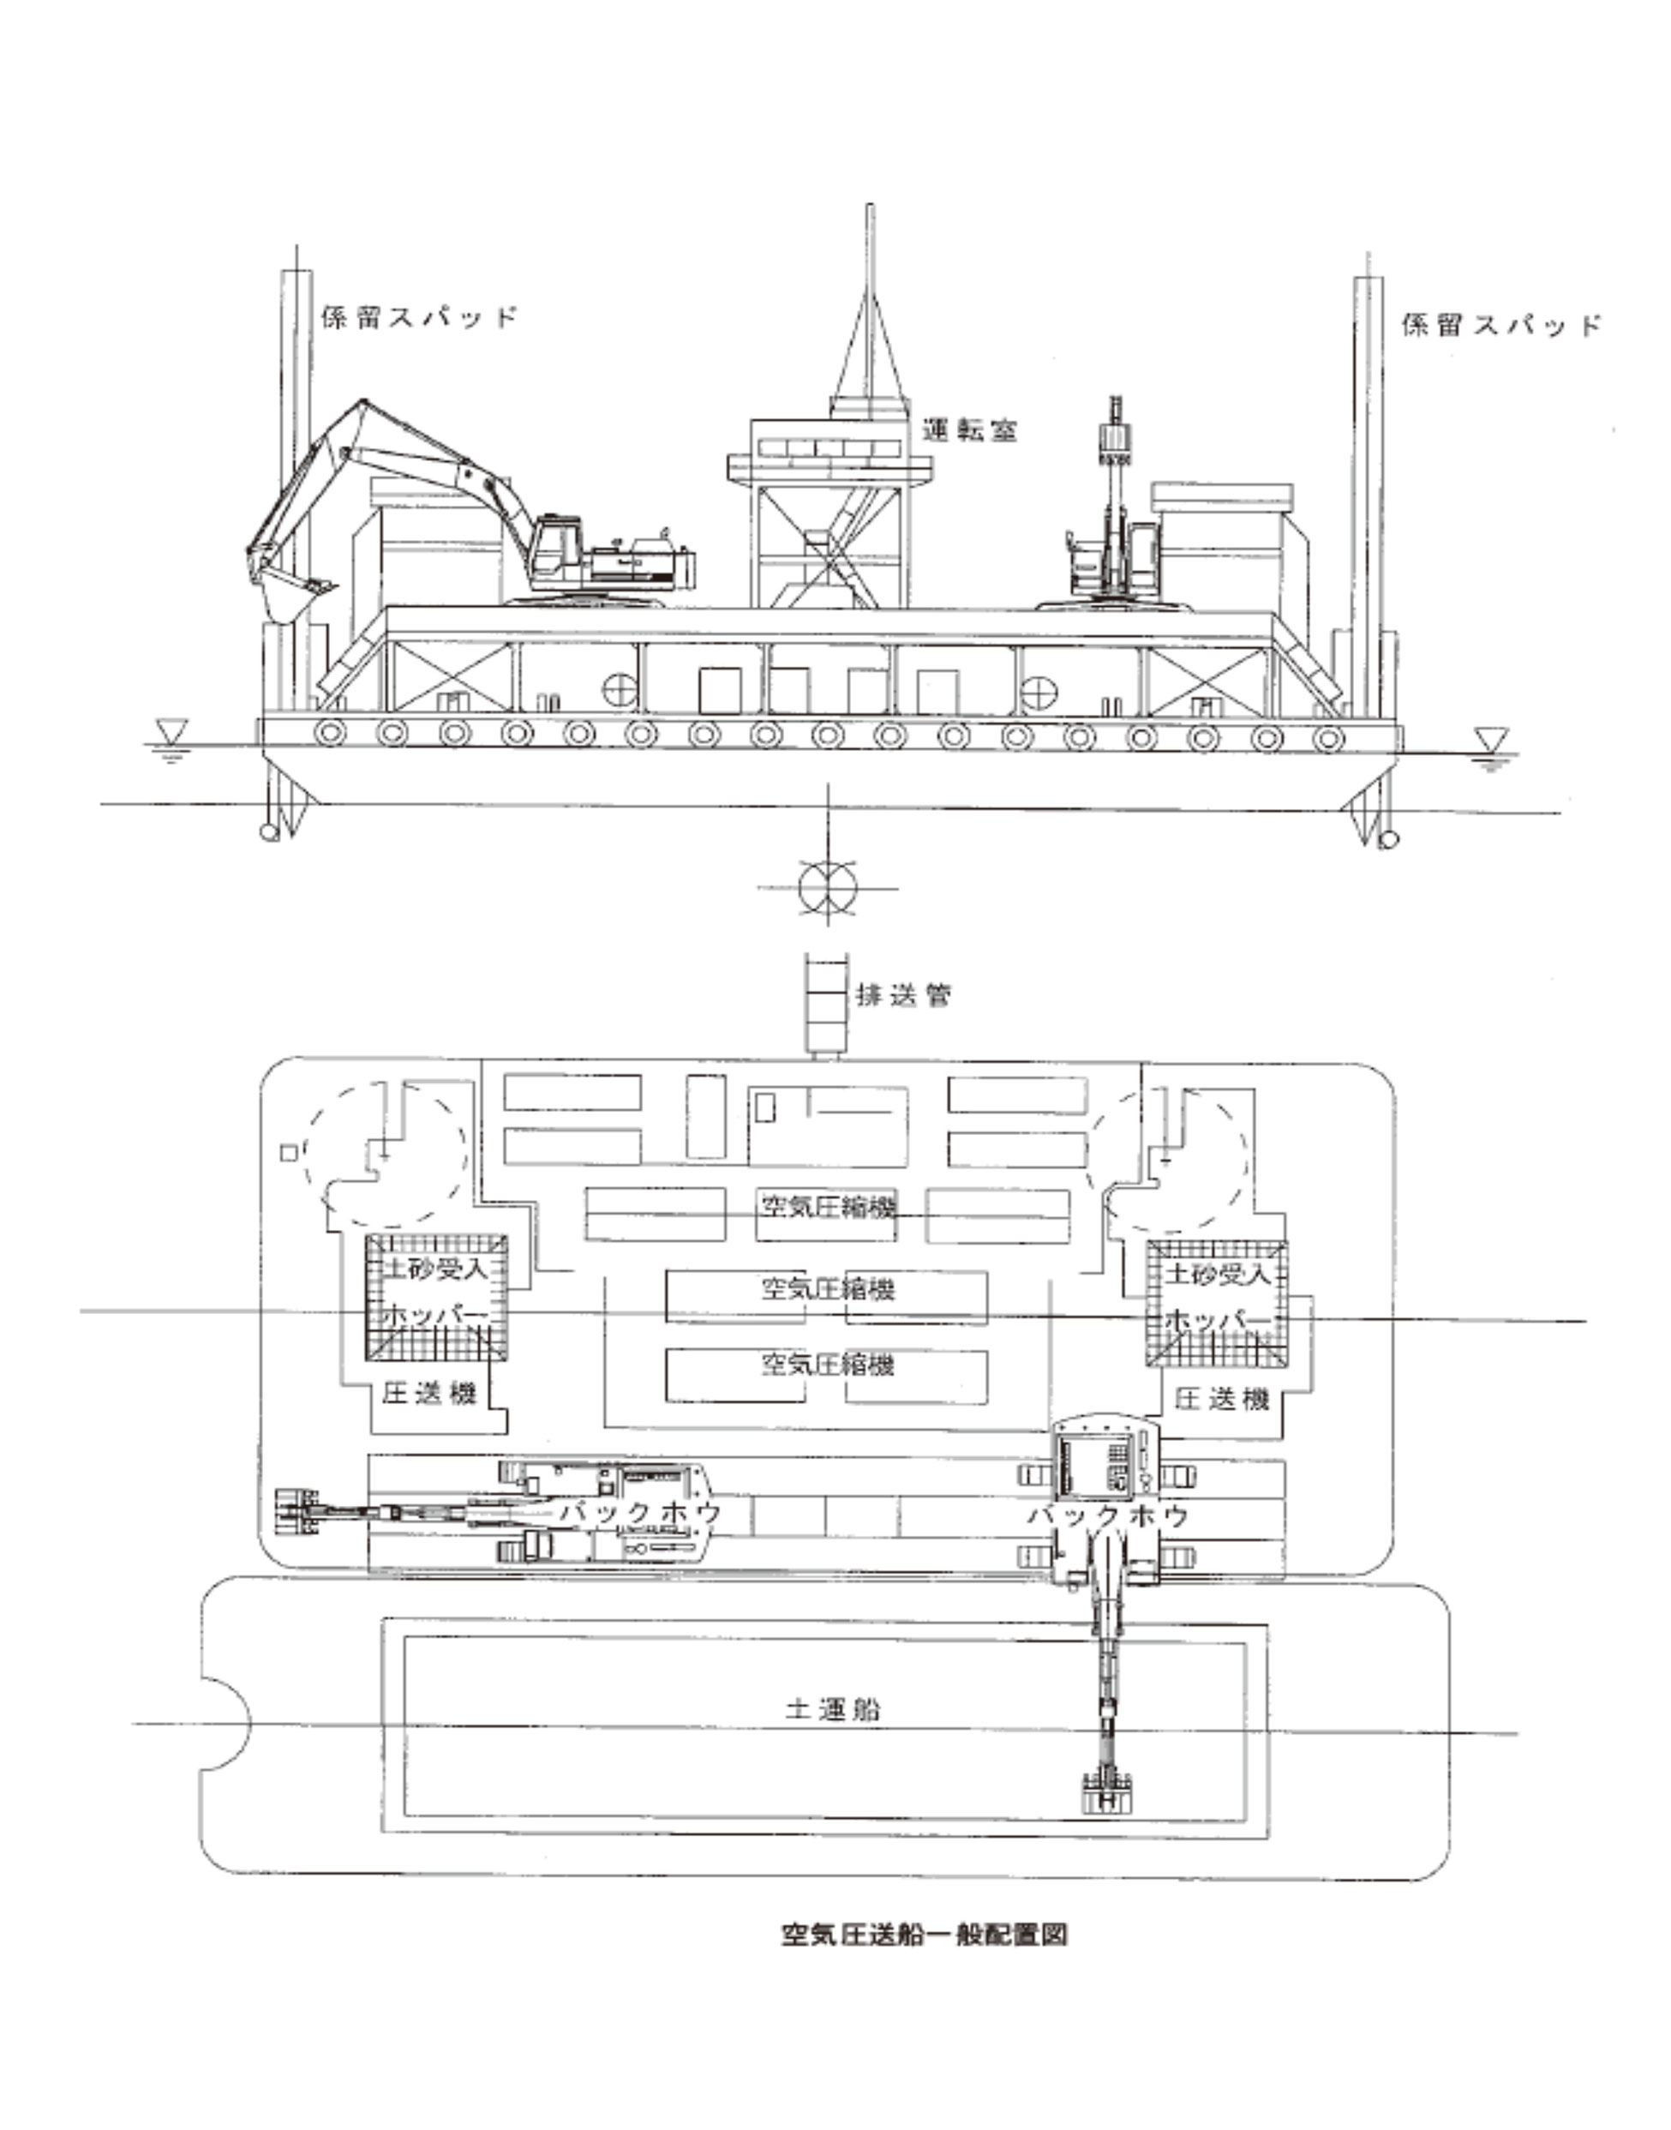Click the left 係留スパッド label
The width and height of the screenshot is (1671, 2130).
[418, 318]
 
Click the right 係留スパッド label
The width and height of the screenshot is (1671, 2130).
[1500, 326]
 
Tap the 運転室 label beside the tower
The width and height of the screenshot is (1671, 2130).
[968, 430]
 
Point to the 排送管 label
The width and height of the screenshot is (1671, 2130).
[903, 996]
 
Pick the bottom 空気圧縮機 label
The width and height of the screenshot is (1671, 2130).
[829, 1363]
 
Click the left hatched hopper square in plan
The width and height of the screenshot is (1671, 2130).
[437, 1298]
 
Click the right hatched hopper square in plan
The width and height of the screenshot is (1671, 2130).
[1217, 1305]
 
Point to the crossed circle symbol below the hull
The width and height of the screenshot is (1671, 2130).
[828, 888]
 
